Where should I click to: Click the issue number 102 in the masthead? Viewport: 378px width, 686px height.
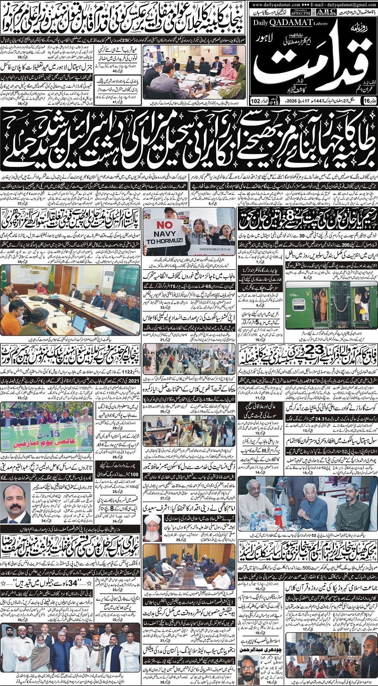pyautogui.click(x=255, y=101)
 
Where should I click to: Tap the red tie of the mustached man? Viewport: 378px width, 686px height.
pyautogui.click(x=16, y=516)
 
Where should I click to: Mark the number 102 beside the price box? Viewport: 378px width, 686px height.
pyautogui.click(x=255, y=101)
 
